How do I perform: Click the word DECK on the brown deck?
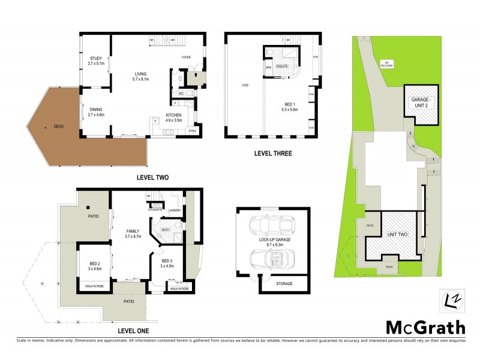pyautogui.click(x=58, y=126)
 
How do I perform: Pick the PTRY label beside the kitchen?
pyautogui.click(x=193, y=131)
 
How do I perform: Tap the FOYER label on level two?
pyautogui.click(x=187, y=58)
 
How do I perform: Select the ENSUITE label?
pyautogui.click(x=283, y=67)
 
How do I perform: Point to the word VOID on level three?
pyautogui.click(x=245, y=85)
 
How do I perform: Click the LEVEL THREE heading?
pyautogui.click(x=272, y=154)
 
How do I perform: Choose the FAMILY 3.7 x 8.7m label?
pyautogui.click(x=133, y=233)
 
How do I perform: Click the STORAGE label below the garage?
pyautogui.click(x=285, y=283)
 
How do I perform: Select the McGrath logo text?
pyautogui.click(x=424, y=327)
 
